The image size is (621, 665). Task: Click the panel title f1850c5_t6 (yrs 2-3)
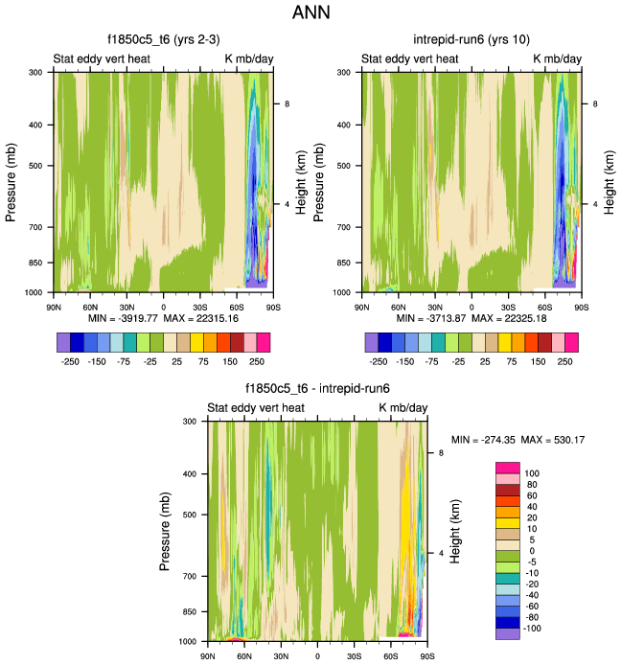(x=162, y=40)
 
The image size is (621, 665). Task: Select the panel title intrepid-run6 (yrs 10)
(x=471, y=40)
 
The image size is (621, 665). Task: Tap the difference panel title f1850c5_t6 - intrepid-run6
(x=316, y=389)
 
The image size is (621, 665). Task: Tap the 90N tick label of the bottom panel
(x=208, y=657)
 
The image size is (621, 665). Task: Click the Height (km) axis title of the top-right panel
(x=607, y=182)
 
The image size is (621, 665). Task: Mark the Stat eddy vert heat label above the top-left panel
(x=103, y=59)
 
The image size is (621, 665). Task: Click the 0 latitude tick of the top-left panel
(x=164, y=308)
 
